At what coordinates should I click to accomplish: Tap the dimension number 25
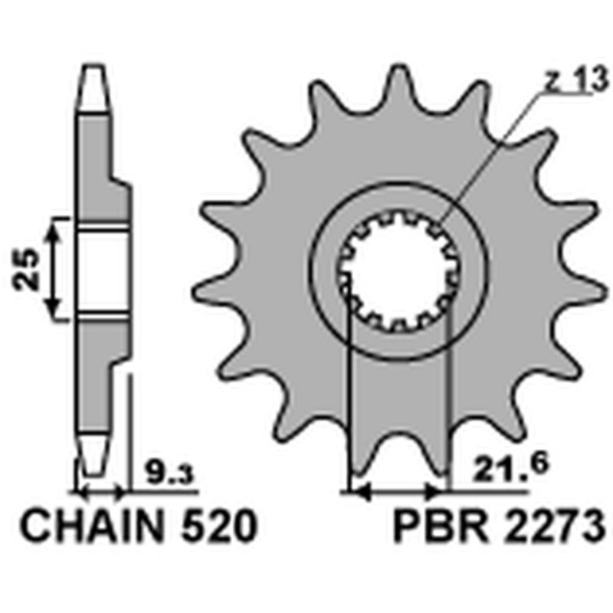coord(28,268)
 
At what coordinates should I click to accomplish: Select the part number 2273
coord(549,528)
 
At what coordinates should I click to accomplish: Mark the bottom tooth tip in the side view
coord(93,460)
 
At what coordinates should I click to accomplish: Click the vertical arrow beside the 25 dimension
coord(53,268)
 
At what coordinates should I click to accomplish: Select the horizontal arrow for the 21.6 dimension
coord(397,490)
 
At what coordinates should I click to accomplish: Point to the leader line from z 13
coord(490,153)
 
